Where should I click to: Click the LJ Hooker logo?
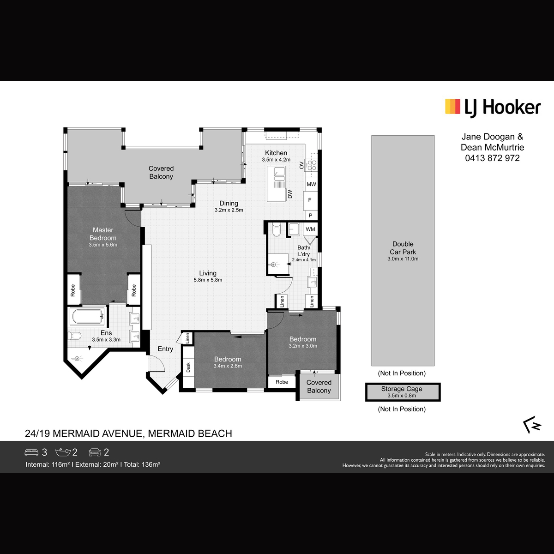point(493,108)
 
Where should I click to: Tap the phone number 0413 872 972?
point(492,158)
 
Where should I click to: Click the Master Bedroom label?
point(103,234)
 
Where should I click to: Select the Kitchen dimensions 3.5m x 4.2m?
point(276,160)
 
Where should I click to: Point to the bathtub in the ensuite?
point(88,317)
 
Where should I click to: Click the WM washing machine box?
point(311,229)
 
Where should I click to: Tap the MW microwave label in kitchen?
point(311,185)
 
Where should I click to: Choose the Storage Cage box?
point(403,392)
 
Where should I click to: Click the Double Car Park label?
point(403,248)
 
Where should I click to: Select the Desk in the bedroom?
point(188,367)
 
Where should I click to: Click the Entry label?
point(165,349)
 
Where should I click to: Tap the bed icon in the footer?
point(31,452)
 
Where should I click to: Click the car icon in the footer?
point(95,452)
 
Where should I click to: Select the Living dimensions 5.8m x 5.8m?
point(208,280)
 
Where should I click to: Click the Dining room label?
point(229,203)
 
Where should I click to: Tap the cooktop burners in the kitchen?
point(311,166)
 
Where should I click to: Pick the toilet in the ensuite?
point(74,336)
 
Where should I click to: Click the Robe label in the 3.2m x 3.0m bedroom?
point(282,382)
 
